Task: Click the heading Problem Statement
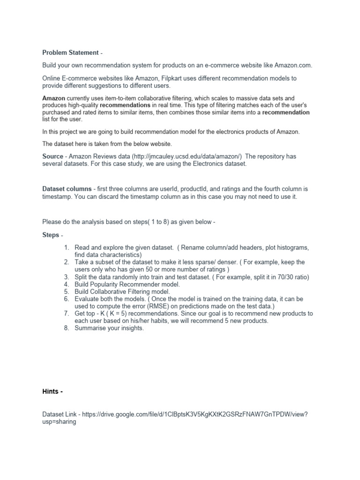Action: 70,52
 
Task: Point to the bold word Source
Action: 52,156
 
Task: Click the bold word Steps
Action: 51,235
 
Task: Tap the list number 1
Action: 67,247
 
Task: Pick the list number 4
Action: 67,284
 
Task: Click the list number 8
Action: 67,328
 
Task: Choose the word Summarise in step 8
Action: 91,328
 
